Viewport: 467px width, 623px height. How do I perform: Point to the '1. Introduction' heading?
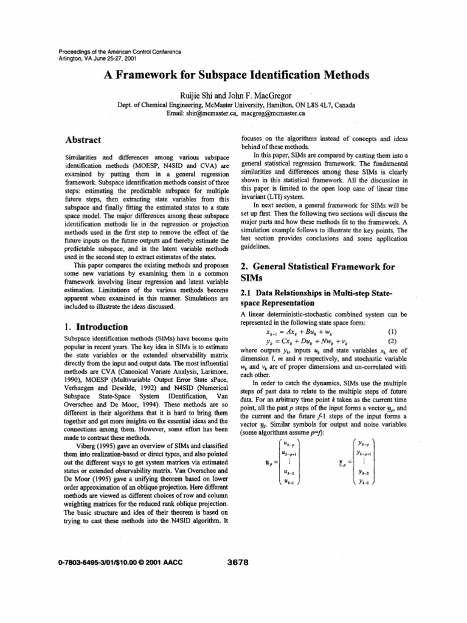click(95, 327)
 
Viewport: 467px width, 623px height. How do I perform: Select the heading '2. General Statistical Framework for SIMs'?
click(314, 273)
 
